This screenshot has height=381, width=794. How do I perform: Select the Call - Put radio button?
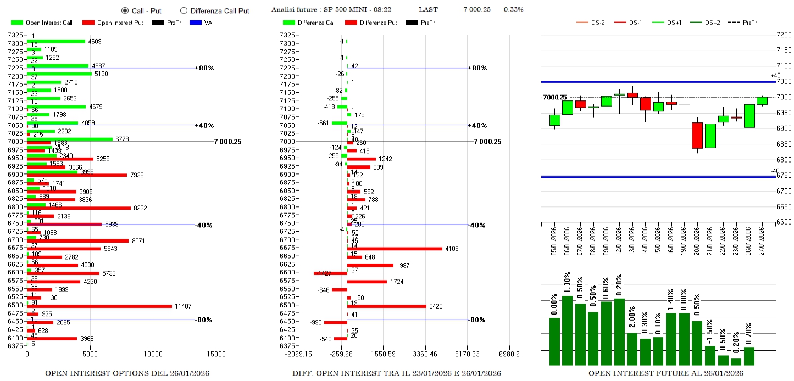click(125, 10)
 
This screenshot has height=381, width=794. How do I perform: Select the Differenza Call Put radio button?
click(184, 10)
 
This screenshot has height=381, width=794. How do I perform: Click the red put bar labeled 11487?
click(99, 306)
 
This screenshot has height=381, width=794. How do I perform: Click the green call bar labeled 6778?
click(69, 139)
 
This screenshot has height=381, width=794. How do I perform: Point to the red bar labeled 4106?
click(394, 249)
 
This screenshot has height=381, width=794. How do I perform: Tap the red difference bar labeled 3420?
click(386, 306)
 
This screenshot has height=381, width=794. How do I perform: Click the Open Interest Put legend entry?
click(113, 23)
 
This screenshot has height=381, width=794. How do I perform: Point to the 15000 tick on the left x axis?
click(216, 354)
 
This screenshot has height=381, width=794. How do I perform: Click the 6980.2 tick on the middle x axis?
click(509, 354)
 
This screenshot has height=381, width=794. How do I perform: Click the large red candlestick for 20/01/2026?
click(697, 136)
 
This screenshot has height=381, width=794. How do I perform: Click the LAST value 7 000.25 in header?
click(476, 10)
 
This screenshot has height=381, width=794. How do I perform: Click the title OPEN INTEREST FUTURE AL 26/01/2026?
click(665, 373)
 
